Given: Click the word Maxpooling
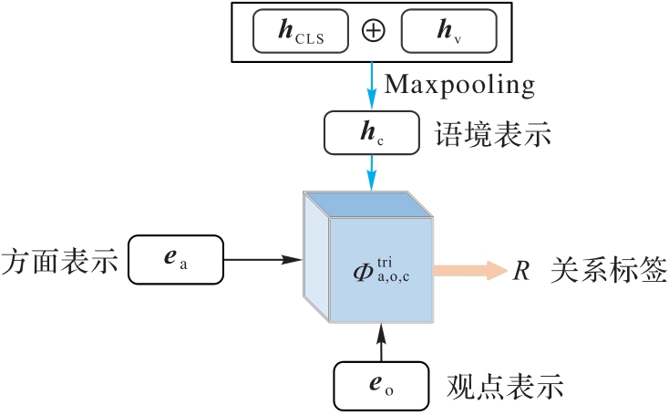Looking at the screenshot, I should pos(458,86).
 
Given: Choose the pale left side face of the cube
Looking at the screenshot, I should pos(314,265).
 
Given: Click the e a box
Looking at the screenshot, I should pos(175,260).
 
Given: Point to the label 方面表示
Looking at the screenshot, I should pos(60,261).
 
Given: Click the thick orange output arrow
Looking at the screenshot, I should pos(468,270).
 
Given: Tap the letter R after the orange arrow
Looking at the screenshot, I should pos(520,271).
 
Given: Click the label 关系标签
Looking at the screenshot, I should pos(609,271).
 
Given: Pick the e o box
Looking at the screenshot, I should pos(380,385).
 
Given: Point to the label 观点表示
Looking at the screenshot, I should pos(505,386).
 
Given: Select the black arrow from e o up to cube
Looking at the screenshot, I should pos(380,343).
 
